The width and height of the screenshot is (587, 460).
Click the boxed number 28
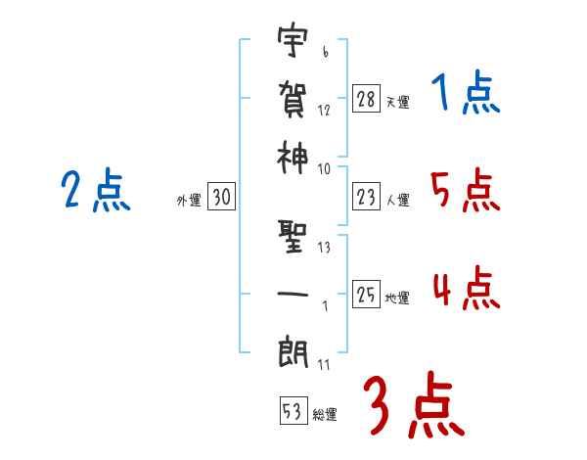pyautogui.click(x=366, y=98)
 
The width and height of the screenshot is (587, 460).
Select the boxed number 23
pyautogui.click(x=366, y=198)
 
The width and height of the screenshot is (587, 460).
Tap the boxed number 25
pyautogui.click(x=366, y=295)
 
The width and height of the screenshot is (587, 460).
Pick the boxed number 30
pyautogui.click(x=221, y=198)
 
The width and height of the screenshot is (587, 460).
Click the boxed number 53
pyautogui.click(x=293, y=412)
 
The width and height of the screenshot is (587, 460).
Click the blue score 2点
pyautogui.click(x=94, y=191)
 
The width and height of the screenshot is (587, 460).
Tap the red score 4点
pyautogui.click(x=466, y=290)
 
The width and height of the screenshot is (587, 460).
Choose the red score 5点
pyautogui.click(x=466, y=191)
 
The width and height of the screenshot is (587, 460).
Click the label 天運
pyautogui.click(x=397, y=102)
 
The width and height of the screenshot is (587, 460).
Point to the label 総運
pyautogui.click(x=325, y=415)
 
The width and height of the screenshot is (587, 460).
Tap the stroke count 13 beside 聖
pyautogui.click(x=323, y=247)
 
